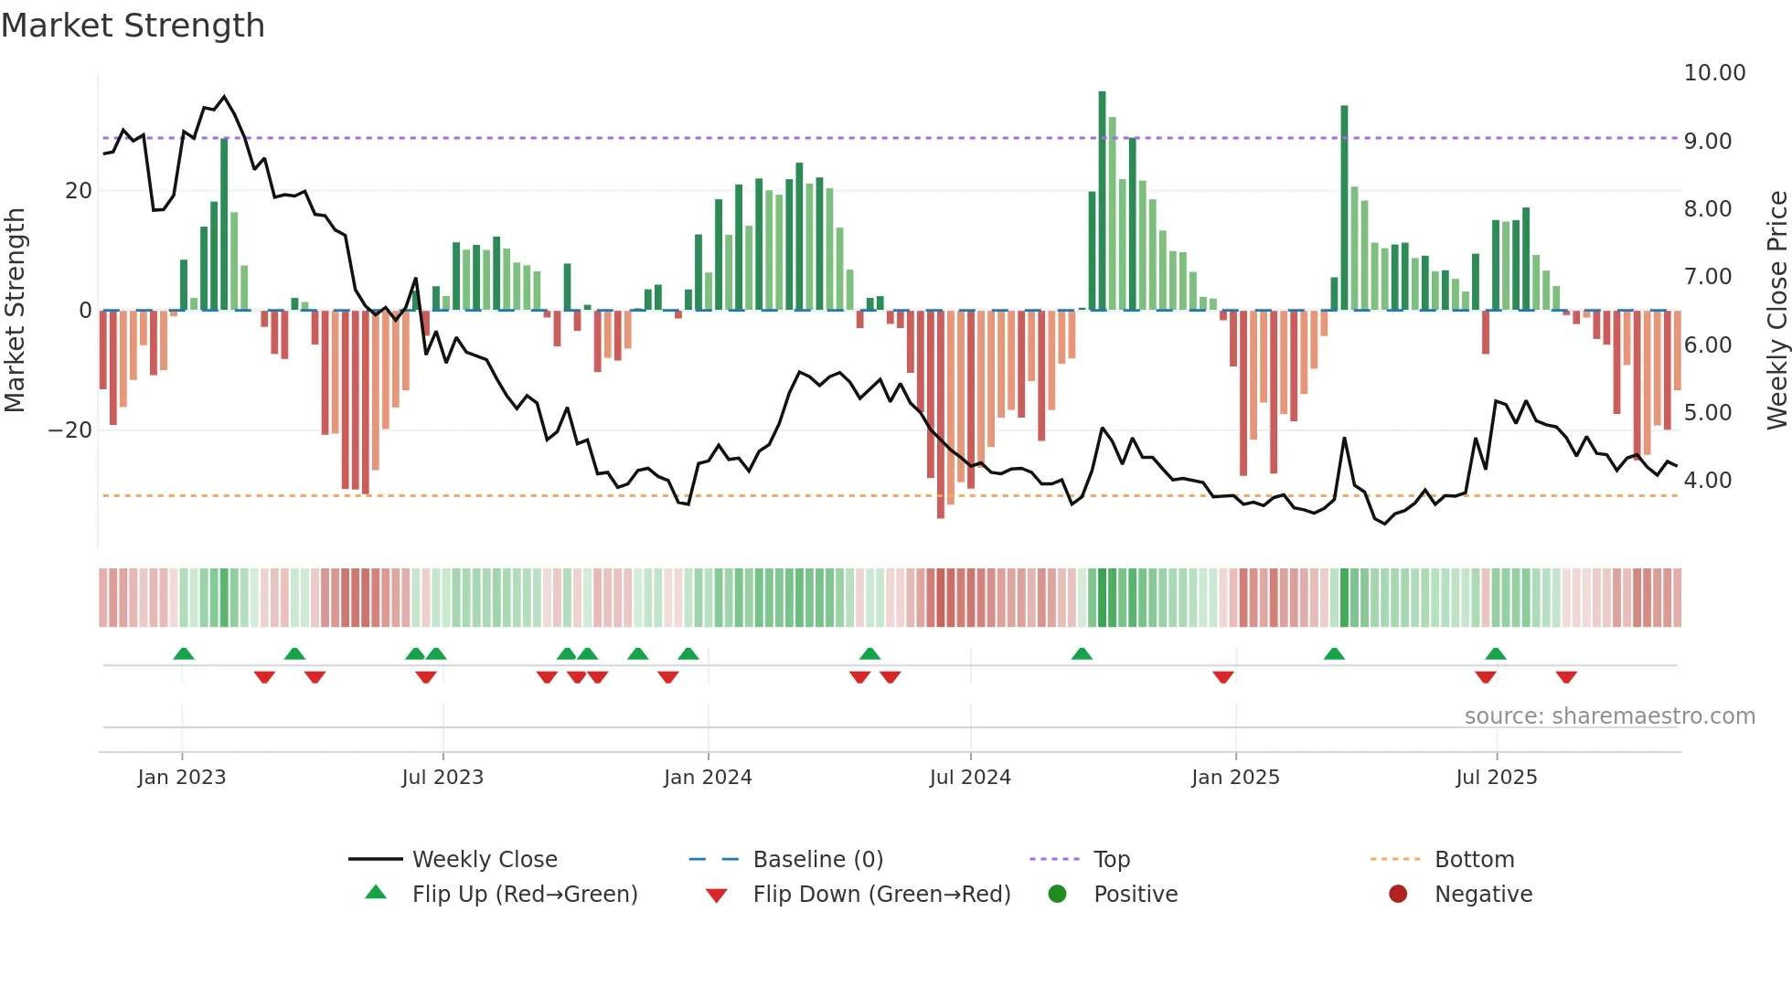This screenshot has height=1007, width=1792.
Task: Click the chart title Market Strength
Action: tap(133, 26)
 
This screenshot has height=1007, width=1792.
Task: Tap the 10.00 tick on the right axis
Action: tap(1714, 73)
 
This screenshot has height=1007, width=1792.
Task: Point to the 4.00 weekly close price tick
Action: tap(1707, 481)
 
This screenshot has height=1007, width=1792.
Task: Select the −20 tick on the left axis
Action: tap(70, 430)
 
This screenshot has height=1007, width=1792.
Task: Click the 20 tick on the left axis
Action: tap(79, 191)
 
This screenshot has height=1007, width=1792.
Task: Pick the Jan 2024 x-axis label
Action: tap(708, 778)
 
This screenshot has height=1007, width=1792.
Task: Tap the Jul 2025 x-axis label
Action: tap(1496, 778)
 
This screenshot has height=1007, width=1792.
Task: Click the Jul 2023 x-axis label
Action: tap(443, 778)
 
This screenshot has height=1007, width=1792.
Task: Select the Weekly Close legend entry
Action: tap(484, 860)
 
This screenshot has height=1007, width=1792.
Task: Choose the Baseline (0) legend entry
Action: tap(817, 860)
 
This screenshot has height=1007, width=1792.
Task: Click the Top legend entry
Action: tap(1111, 860)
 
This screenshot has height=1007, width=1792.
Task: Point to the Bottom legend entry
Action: tap(1474, 860)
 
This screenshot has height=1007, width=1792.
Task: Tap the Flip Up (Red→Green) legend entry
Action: tap(524, 895)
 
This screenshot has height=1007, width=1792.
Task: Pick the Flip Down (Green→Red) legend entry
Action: tap(881, 895)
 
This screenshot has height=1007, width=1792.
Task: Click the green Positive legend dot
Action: tap(1058, 894)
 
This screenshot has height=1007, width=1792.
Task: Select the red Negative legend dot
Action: tap(1398, 894)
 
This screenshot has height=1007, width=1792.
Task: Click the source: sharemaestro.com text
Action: tap(1609, 716)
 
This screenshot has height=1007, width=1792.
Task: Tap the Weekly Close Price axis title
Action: tap(1776, 311)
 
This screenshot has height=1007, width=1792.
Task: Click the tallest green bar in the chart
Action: tap(1102, 201)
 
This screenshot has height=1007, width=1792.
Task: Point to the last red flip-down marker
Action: tap(1566, 677)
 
